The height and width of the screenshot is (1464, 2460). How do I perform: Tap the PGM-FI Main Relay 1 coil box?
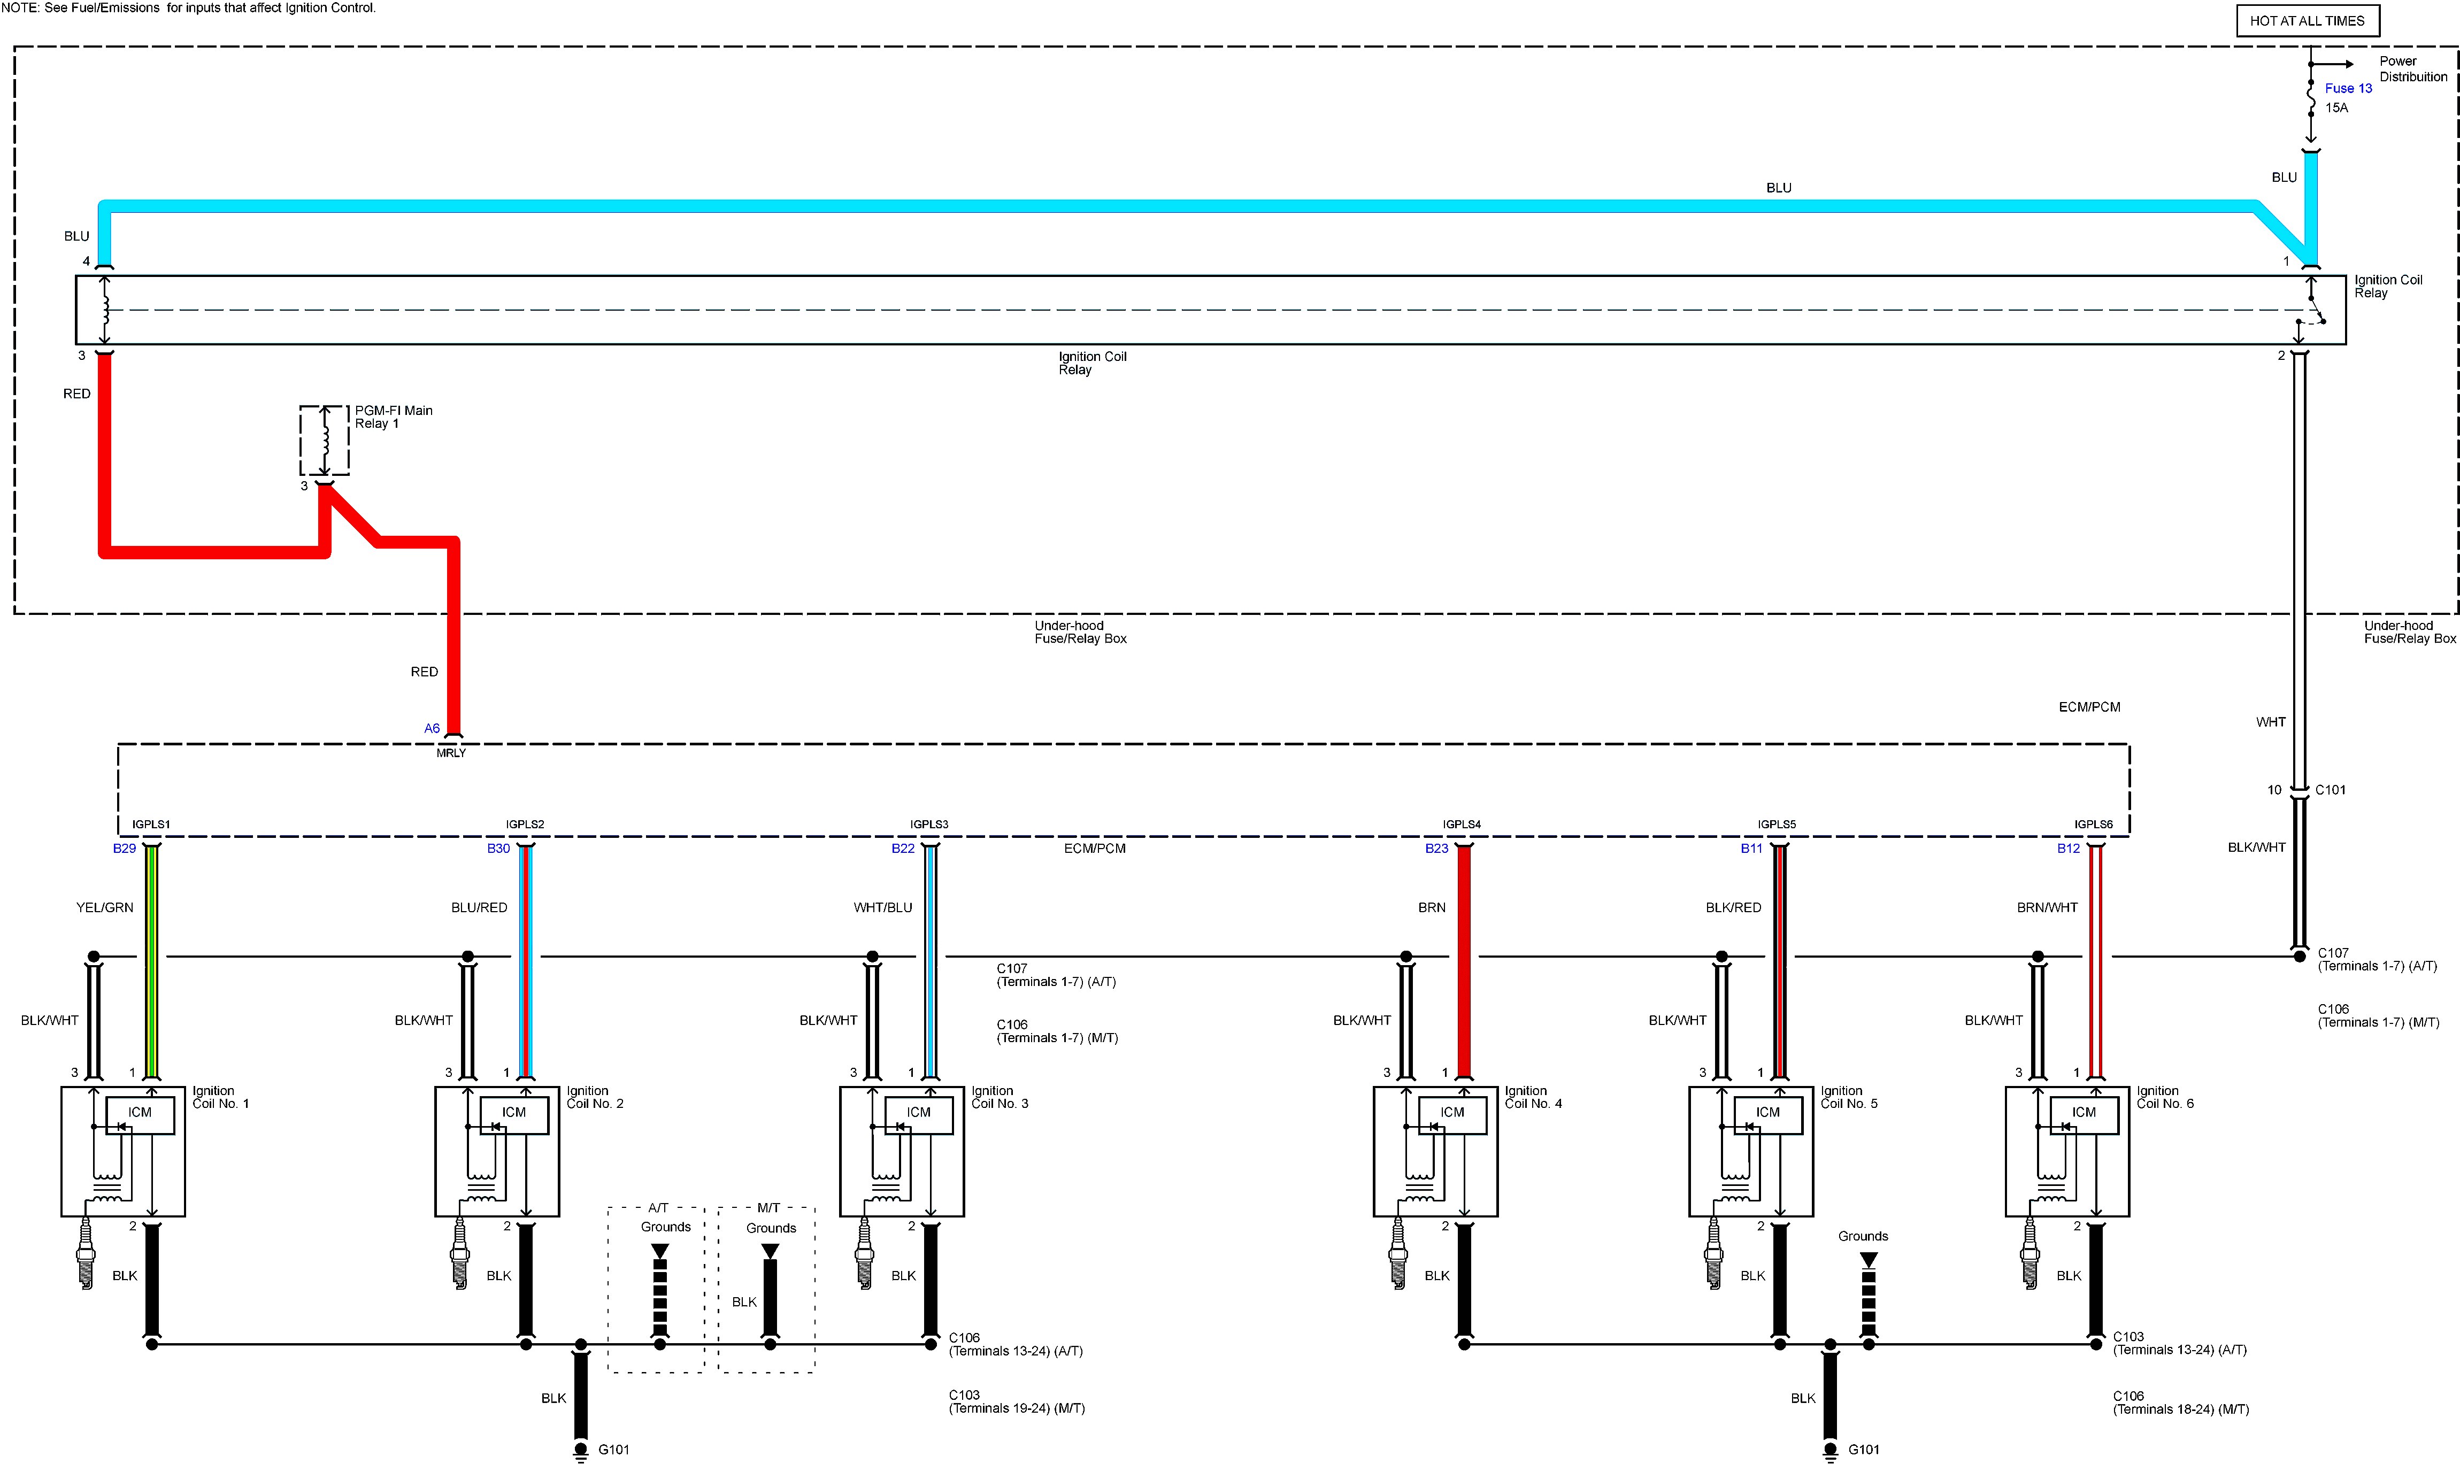tap(325, 440)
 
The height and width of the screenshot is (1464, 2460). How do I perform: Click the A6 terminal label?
tap(432, 728)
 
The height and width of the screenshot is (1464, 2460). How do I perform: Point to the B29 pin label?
tap(124, 849)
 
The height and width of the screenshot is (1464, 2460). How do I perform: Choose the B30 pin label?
tap(498, 849)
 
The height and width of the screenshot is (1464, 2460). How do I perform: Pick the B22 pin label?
tap(903, 849)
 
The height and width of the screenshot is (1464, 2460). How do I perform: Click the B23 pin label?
tap(1436, 849)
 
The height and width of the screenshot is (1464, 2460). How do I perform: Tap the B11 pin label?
tap(1751, 849)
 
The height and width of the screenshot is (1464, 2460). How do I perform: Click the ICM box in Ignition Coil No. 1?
tap(140, 1113)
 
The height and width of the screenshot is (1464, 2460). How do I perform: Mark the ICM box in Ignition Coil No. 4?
tap(1452, 1113)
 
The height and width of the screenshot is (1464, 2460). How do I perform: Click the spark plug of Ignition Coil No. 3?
tap(864, 1253)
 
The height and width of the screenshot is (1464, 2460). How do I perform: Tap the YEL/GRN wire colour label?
tap(105, 907)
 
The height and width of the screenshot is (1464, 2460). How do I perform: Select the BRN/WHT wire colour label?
tap(2047, 907)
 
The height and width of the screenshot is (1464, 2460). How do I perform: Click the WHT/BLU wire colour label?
tap(883, 907)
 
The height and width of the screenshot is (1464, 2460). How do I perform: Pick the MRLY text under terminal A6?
tap(451, 753)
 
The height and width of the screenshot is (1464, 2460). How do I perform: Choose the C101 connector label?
tap(2330, 790)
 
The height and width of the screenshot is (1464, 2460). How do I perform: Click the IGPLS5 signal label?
tap(1777, 825)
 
